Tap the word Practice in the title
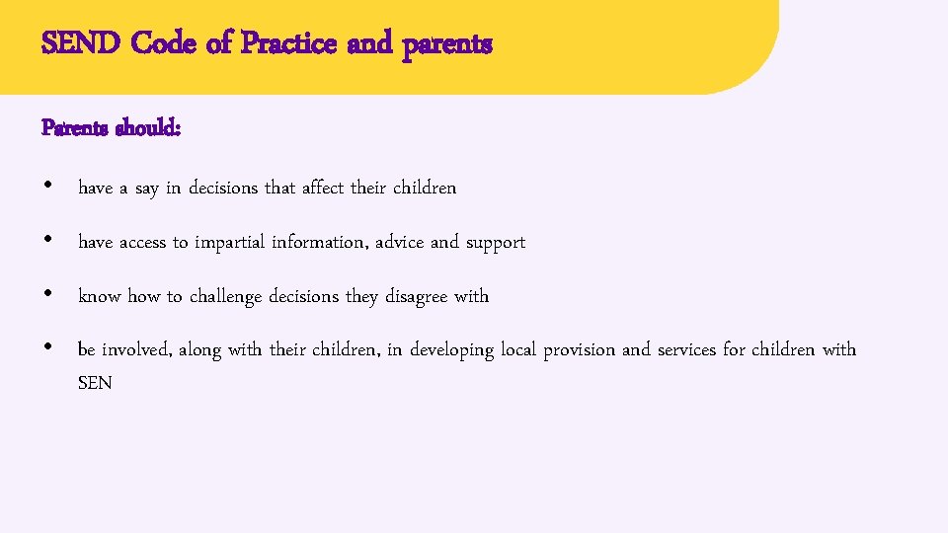[289, 44]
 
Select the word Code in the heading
[165, 44]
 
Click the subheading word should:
[147, 128]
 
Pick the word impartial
[231, 242]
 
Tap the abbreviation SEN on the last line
[95, 383]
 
